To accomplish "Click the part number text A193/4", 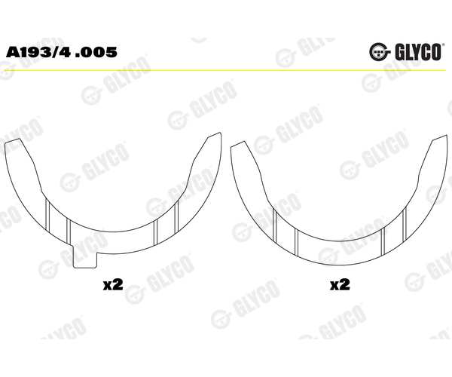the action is point(38,52).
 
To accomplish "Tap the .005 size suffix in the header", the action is point(96,52).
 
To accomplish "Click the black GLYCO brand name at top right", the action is point(418,52).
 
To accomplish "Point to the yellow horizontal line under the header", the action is point(225,70).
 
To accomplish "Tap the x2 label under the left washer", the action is point(113,285).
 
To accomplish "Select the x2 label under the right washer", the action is point(341,285).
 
